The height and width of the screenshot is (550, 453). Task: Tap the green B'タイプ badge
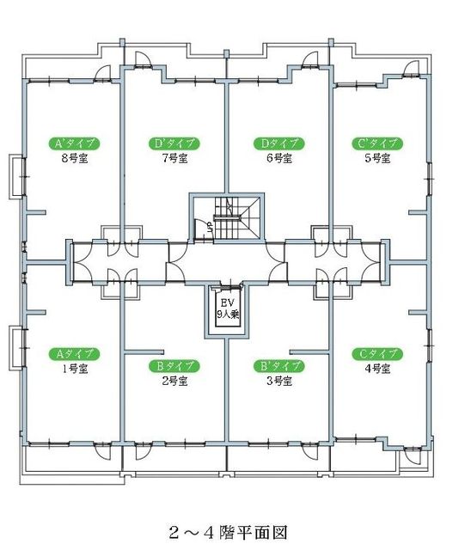pyautogui.click(x=278, y=365)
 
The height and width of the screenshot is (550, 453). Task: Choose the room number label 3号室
pyautogui.click(x=278, y=381)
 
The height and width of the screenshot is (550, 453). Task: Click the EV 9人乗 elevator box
pyautogui.click(x=227, y=310)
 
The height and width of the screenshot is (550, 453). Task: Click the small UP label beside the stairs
pyautogui.click(x=208, y=228)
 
